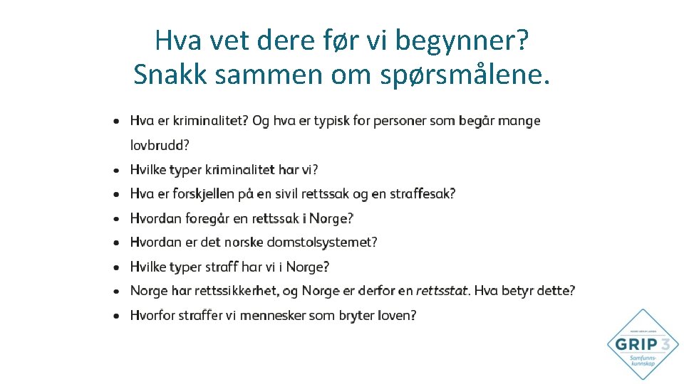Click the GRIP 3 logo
tap(643, 345)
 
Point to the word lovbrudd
tap(160, 146)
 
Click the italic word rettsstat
tap(442, 291)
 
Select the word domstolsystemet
tap(321, 242)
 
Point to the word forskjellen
tap(207, 194)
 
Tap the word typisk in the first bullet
tap(331, 121)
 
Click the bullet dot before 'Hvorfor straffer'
tap(116, 315)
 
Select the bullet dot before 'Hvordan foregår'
tap(116, 218)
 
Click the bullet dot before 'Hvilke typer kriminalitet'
tap(116, 170)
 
